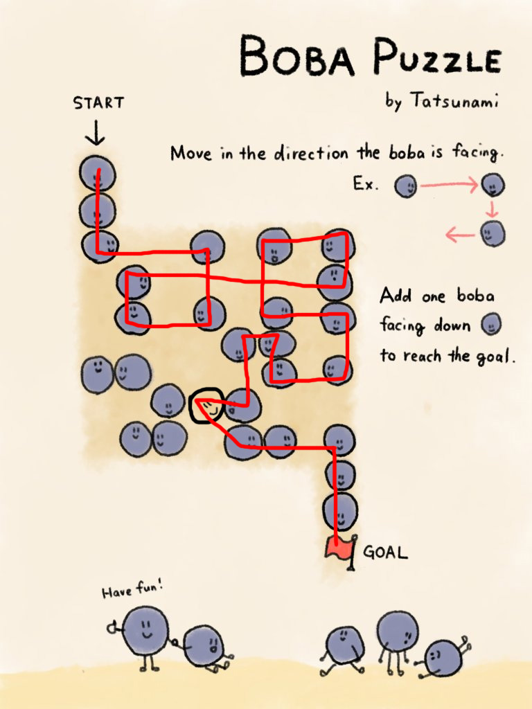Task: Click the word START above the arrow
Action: point(98,102)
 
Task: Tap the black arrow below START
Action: point(95,132)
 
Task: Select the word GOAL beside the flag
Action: point(385,552)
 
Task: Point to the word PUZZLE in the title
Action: point(437,57)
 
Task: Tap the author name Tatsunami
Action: point(454,100)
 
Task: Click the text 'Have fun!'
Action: point(132,589)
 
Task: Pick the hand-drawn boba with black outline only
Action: point(206,406)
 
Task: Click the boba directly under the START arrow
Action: point(97,174)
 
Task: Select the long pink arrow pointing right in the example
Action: point(449,184)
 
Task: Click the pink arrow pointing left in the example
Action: point(460,235)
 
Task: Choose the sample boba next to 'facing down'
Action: point(490,325)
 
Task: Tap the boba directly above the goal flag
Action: point(340,512)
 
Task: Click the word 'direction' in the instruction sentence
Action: point(311,153)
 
